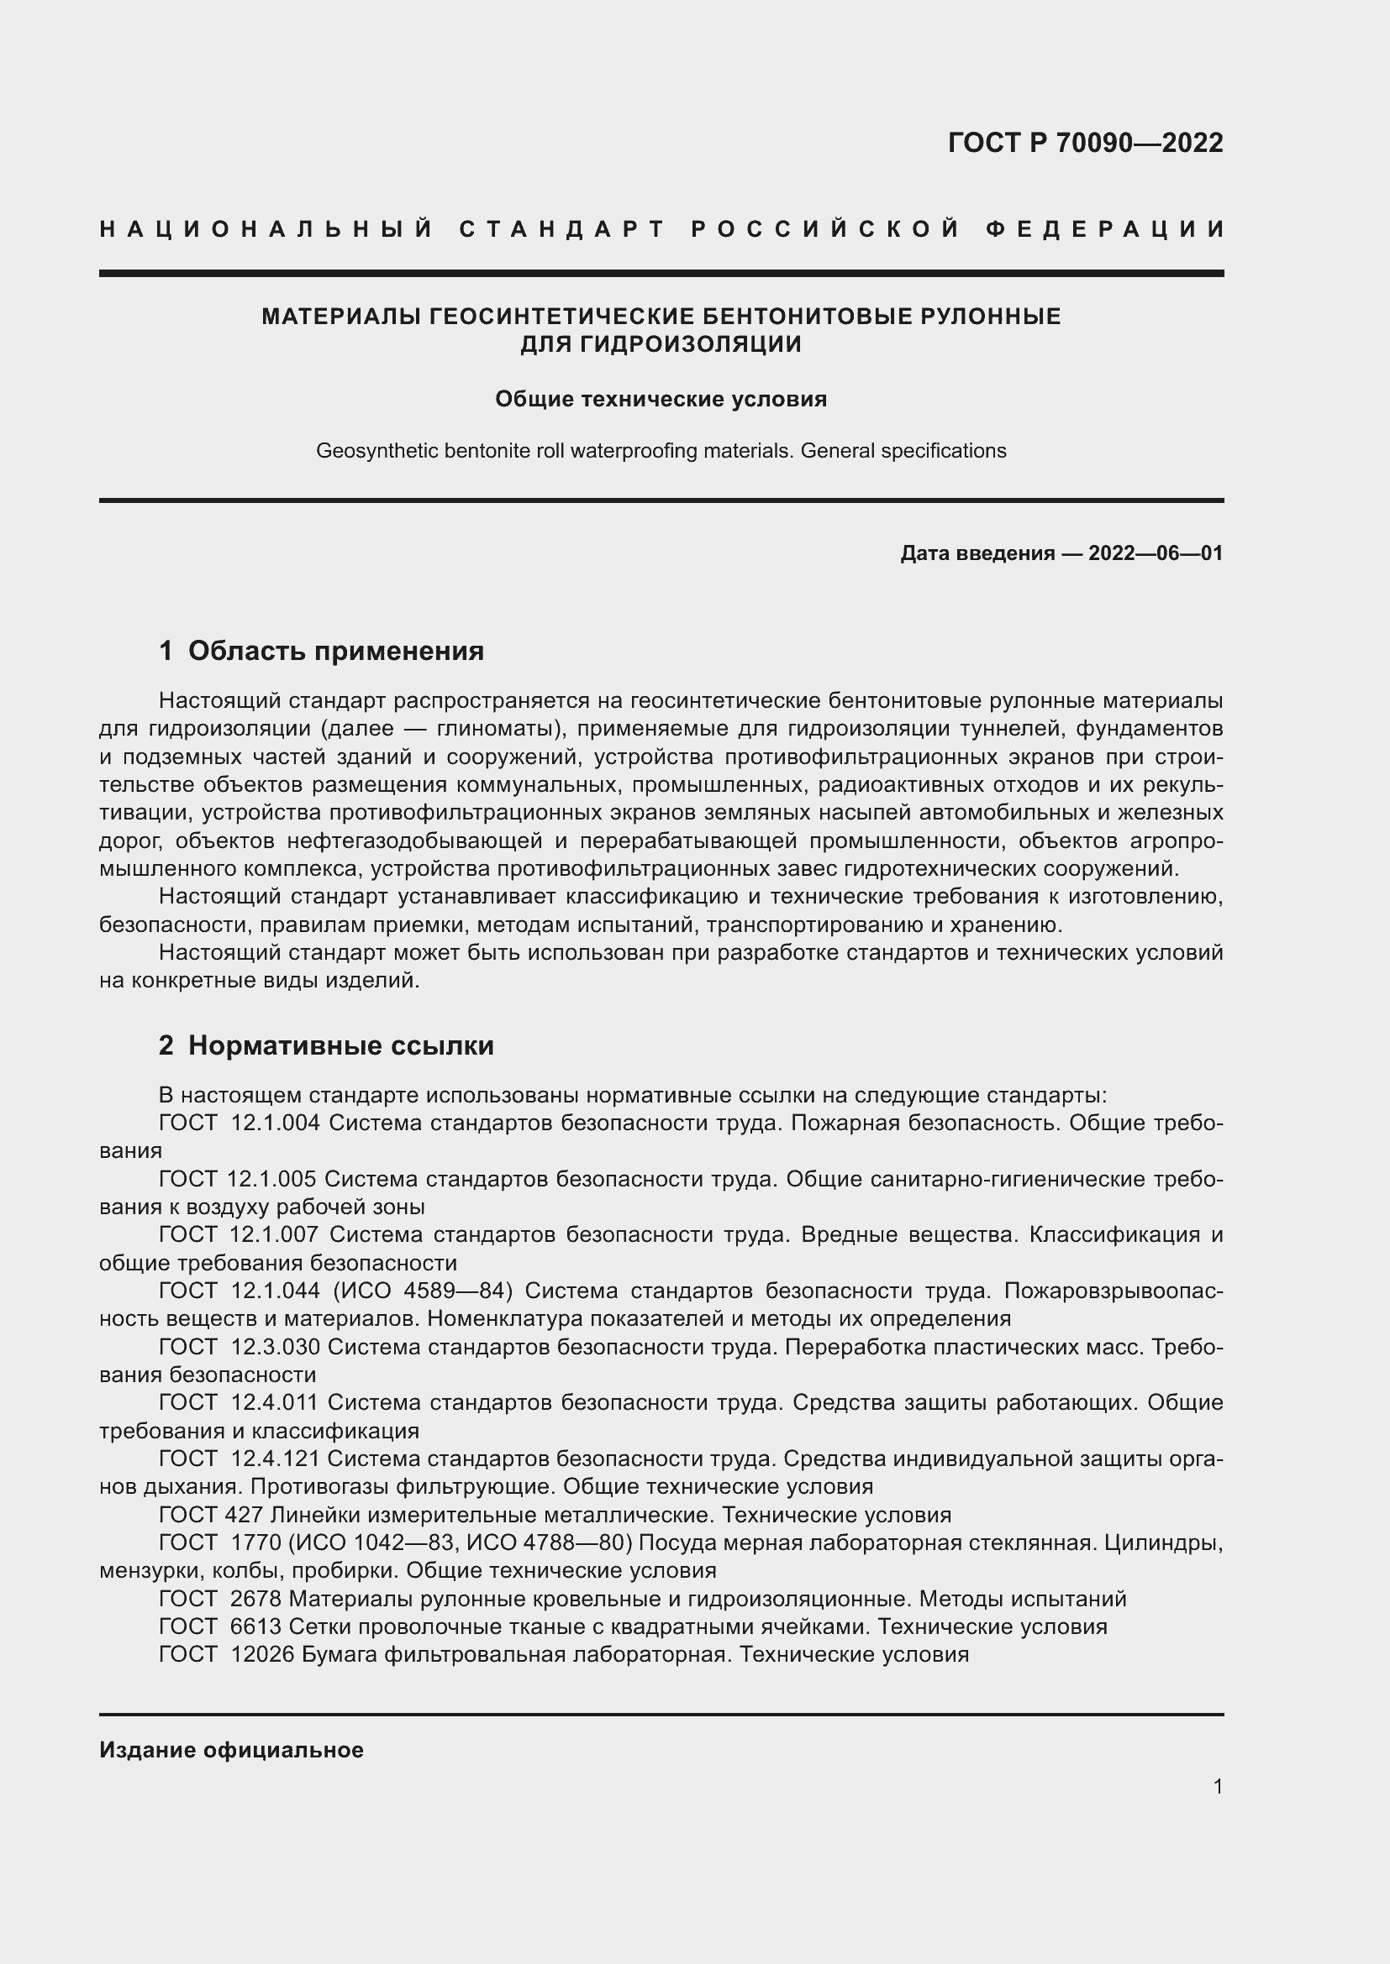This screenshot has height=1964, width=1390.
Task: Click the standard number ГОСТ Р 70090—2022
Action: [x=1085, y=142]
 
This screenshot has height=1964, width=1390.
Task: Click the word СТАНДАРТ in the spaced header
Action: [x=562, y=229]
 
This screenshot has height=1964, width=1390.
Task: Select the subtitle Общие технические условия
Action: [x=661, y=400]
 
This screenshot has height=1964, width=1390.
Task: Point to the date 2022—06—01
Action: [x=1156, y=553]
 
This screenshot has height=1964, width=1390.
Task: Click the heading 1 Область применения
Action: [x=321, y=651]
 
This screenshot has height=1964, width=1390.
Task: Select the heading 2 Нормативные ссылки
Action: [x=326, y=1045]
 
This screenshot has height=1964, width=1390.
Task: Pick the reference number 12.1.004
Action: [x=275, y=1123]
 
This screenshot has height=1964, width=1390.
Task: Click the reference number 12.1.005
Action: [x=271, y=1180]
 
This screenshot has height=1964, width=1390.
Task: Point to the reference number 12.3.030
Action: [x=275, y=1346]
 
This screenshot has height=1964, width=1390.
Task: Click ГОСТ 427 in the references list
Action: [x=211, y=1515]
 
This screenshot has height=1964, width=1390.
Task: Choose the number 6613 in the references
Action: [x=256, y=1626]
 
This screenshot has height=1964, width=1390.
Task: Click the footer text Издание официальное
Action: [x=231, y=1750]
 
